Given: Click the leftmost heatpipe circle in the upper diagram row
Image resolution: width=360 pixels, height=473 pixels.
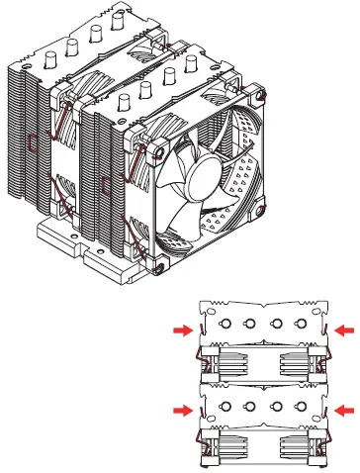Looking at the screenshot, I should coord(225,326).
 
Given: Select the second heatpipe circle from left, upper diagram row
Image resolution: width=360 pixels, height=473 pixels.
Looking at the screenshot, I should coord(249,326).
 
